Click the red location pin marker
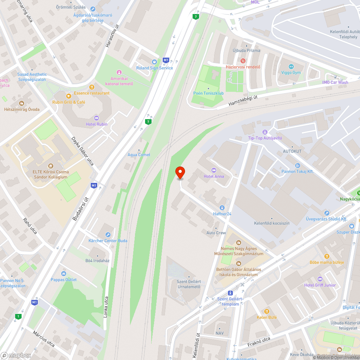click(180, 173)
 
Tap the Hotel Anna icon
click(214, 170)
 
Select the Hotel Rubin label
click(96, 124)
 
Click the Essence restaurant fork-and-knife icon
click(92, 87)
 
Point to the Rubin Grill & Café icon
click(68, 96)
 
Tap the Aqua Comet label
click(139, 155)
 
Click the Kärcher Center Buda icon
click(108, 234)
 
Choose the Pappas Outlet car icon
click(64, 274)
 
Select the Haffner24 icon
click(222, 208)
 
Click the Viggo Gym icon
click(291, 67)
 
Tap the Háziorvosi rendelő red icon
click(243, 61)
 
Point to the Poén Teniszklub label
click(208, 93)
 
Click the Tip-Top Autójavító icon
click(265, 132)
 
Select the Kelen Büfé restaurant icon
click(267, 311)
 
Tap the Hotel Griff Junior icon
click(320, 279)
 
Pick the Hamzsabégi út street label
click(243, 100)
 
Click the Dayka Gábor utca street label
click(82, 151)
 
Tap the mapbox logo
click(16, 355)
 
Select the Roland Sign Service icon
click(154, 62)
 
